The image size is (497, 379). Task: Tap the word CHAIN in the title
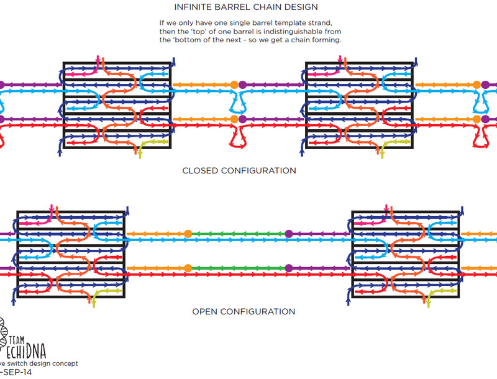click(269, 8)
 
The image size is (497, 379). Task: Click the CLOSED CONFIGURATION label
click(239, 170)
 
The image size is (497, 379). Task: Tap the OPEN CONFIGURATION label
click(244, 311)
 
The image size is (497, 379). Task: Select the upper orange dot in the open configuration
click(188, 234)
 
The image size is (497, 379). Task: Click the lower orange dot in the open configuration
click(188, 268)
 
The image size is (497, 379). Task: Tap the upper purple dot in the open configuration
click(288, 234)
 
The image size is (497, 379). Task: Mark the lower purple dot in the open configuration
click(288, 268)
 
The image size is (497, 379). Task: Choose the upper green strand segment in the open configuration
click(238, 234)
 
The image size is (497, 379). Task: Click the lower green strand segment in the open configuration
click(238, 268)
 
